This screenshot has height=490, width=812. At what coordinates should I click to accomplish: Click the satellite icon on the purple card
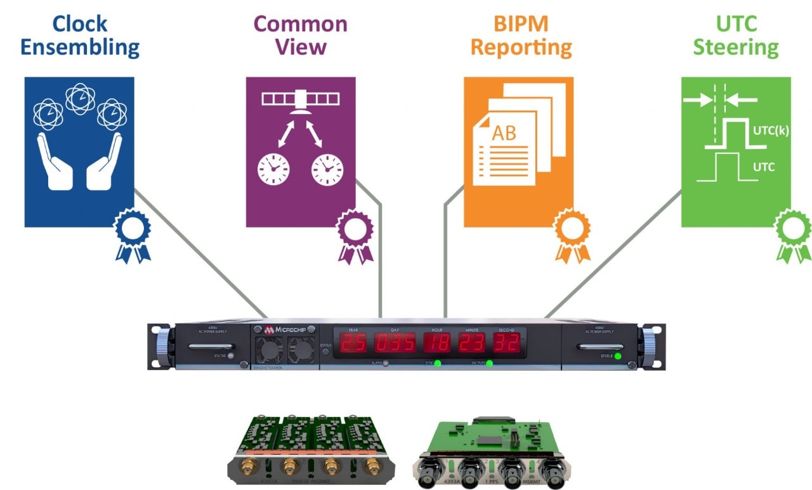click(301, 101)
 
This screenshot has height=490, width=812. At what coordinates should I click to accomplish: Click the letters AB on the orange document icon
click(504, 133)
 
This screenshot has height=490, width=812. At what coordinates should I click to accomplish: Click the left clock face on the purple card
click(273, 168)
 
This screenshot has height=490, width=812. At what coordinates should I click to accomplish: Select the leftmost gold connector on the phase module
click(246, 468)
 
